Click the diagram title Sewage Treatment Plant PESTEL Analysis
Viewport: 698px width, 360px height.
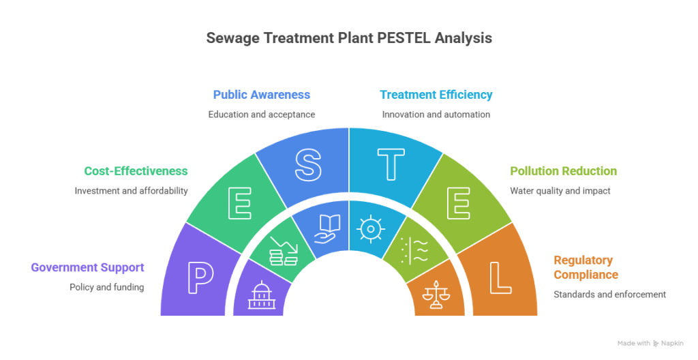tap(348, 39)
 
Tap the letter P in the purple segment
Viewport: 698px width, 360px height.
tap(200, 276)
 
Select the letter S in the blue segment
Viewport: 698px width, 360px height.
tap(307, 164)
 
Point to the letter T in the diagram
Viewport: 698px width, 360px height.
tap(391, 164)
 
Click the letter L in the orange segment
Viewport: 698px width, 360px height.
tap(500, 276)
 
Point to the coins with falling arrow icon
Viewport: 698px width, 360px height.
tap(283, 252)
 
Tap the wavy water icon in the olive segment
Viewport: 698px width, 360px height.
tap(415, 252)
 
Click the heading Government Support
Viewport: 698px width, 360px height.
tap(87, 267)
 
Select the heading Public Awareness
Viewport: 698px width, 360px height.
tap(262, 95)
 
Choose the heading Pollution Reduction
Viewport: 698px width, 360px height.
tap(564, 171)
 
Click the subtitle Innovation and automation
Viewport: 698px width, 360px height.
tap(436, 115)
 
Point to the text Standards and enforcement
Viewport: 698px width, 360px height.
tap(609, 295)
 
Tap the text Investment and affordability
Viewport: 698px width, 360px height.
tap(132, 191)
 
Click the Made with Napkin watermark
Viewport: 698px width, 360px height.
tap(650, 344)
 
